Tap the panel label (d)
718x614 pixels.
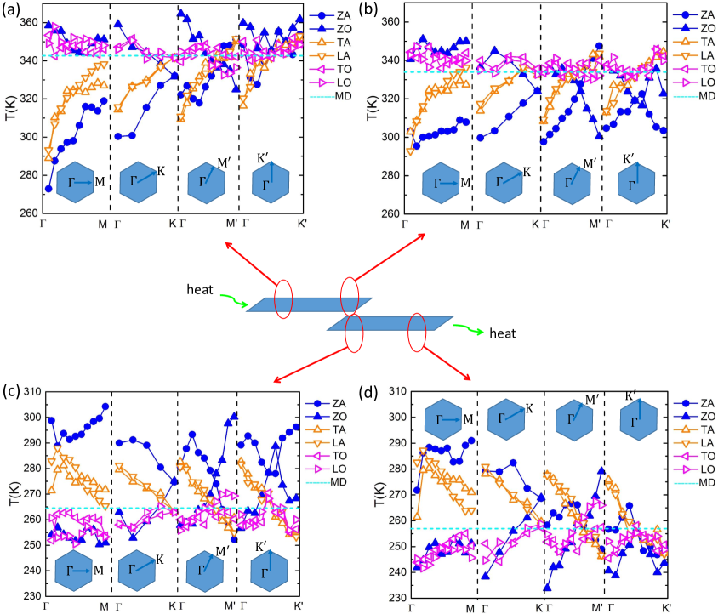point(372,392)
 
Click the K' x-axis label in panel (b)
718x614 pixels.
point(665,225)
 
